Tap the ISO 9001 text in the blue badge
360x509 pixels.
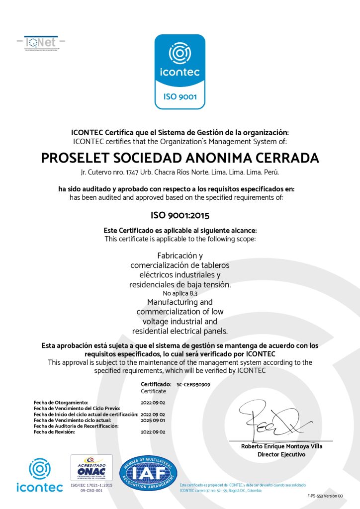180,97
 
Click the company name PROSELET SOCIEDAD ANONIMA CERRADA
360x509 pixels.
180,158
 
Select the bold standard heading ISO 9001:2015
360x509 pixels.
180,216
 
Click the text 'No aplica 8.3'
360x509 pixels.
180,294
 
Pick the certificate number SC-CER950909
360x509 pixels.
193,385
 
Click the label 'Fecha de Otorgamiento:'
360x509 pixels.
61,402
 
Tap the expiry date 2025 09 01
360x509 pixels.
153,420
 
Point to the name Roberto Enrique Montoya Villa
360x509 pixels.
281,446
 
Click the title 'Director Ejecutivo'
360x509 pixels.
281,454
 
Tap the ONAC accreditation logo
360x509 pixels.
91,468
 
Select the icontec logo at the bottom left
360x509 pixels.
39,476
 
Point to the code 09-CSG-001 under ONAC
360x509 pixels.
91,490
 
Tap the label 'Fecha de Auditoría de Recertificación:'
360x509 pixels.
76,426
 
